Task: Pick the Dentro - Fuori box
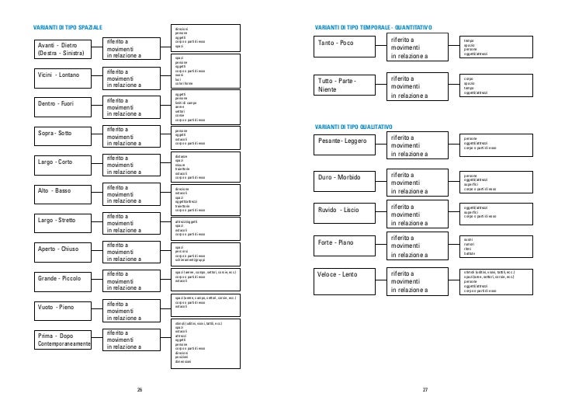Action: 63,103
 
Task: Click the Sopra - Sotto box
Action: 63,134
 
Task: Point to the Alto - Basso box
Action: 63,190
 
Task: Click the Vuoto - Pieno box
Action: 63,308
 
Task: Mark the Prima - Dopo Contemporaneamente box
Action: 63,339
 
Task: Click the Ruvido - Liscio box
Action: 347,211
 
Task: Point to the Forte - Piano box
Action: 347,243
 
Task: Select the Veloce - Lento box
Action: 347,277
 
